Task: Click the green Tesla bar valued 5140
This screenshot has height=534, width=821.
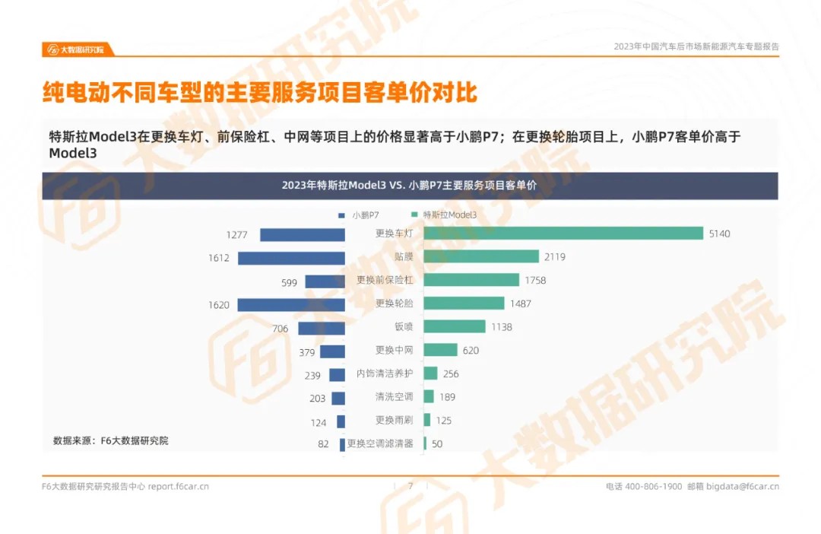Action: point(563,234)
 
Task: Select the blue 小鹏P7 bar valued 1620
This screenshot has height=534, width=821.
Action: point(291,304)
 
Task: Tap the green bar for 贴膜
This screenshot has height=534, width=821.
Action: point(480,257)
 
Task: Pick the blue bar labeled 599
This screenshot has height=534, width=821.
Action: point(325,281)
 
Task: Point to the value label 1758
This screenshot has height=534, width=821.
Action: point(535,281)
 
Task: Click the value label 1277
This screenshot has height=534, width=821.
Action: point(236,235)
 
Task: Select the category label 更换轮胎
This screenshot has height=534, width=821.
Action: point(395,304)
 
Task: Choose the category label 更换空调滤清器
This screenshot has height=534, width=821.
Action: point(380,443)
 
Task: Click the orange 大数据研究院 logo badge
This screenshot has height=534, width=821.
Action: point(78,49)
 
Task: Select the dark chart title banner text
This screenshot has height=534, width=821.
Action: point(409,186)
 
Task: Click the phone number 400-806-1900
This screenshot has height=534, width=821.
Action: point(653,487)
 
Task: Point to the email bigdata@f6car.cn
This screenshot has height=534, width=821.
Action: point(743,487)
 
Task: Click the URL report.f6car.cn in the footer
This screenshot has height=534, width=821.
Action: point(178,487)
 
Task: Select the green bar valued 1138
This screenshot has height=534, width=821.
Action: point(454,327)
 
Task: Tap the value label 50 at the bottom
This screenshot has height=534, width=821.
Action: point(437,444)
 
